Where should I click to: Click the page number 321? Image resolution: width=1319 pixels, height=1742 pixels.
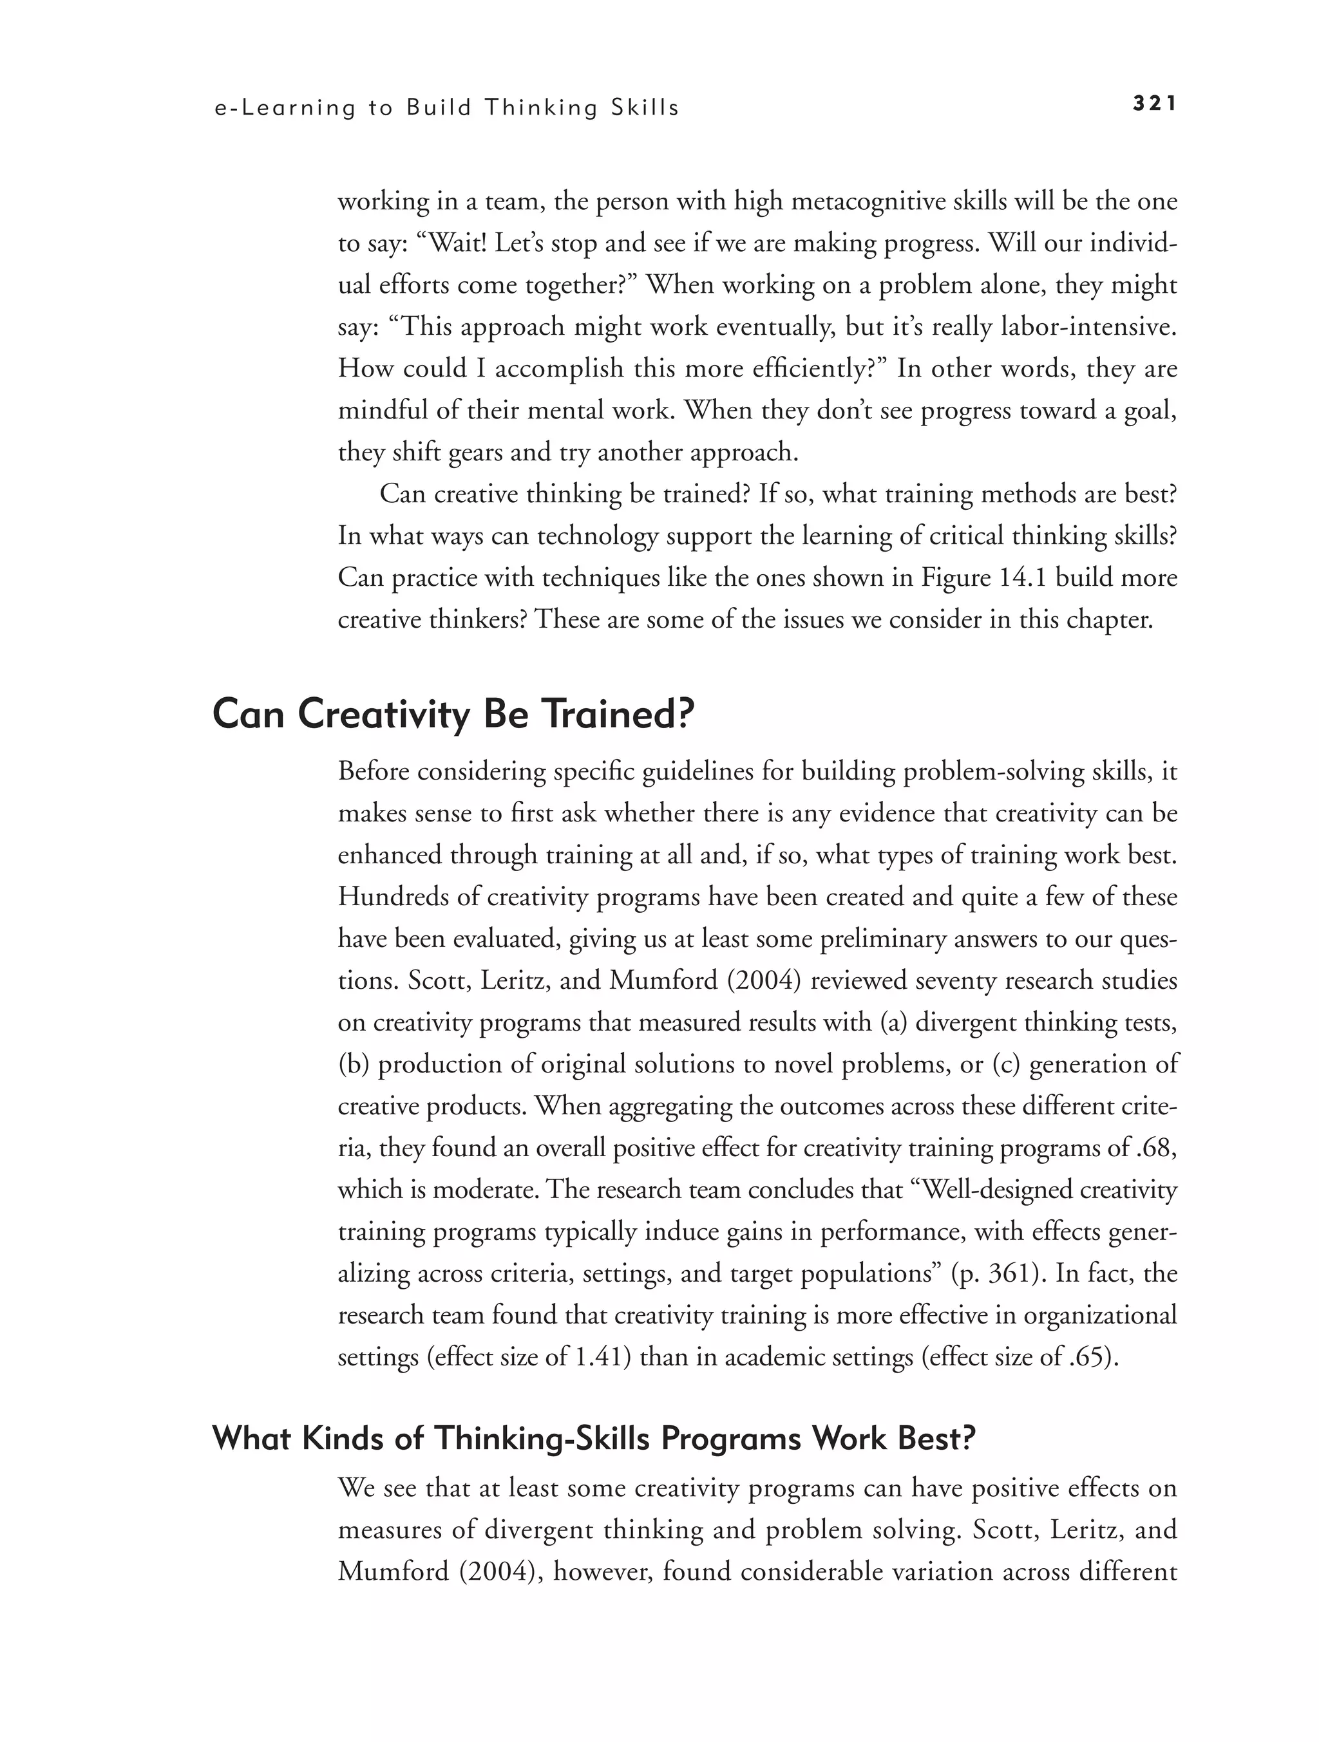click(1154, 104)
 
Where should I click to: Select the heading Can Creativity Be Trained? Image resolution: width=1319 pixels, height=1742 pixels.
click(454, 715)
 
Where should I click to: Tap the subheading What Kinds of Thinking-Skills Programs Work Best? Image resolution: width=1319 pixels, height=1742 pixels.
click(593, 1438)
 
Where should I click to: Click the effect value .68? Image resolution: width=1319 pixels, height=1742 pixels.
click(1157, 1147)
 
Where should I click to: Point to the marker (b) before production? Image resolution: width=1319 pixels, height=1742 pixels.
click(354, 1064)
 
